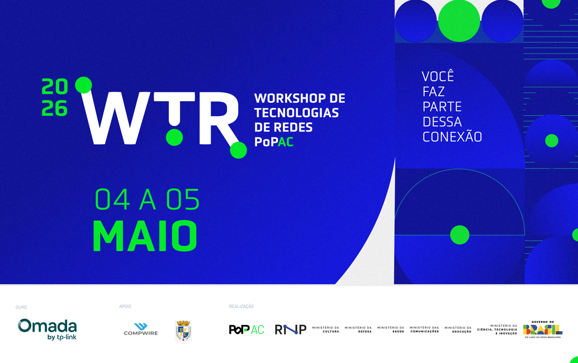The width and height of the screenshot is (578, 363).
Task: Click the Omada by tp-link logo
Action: point(48,329)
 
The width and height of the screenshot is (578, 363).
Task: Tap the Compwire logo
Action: point(141,329)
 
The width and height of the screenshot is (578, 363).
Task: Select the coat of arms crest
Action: point(183,330)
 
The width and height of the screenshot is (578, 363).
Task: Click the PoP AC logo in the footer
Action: point(246,329)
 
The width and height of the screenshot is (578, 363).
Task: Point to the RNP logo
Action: point(290,329)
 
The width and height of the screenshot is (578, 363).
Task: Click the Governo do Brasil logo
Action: point(543,329)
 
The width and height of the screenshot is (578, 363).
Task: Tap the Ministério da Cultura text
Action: point(326,329)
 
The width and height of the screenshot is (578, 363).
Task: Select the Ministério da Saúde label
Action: point(391,329)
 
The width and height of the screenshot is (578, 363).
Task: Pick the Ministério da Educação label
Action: point(458,329)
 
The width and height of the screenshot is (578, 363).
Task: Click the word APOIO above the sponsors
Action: point(125,307)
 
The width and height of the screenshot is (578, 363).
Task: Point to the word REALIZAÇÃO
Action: point(241,307)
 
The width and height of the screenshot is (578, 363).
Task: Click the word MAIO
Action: point(145,236)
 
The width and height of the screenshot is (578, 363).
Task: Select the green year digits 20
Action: point(55,87)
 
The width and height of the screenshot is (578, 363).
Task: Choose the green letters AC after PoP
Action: point(286,142)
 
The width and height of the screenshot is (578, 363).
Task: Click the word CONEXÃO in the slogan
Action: point(452,137)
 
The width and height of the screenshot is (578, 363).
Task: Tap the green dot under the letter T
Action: point(174,137)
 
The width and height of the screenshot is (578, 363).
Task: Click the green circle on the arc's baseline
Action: point(459,235)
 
